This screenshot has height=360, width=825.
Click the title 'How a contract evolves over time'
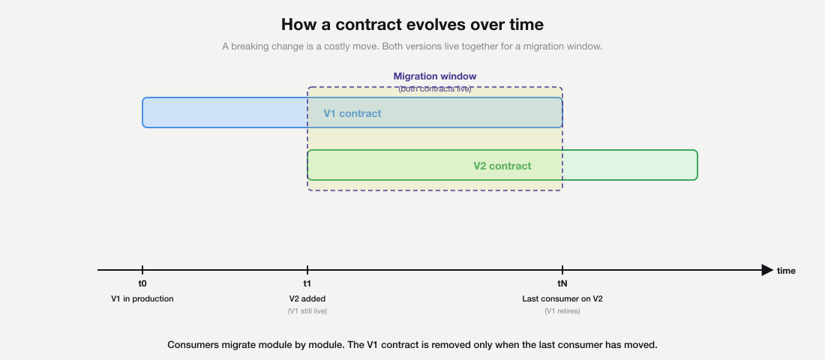[x=412, y=24]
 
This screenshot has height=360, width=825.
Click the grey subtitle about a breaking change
[x=412, y=46]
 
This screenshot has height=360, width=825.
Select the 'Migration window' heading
[x=435, y=76]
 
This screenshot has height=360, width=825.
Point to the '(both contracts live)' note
[x=435, y=88]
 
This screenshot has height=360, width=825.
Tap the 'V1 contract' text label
[x=352, y=114]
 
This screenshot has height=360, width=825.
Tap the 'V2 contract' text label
[x=502, y=166]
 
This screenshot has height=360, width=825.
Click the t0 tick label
[x=142, y=284]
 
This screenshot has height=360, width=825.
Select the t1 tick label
[x=307, y=284]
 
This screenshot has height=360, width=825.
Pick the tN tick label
[x=562, y=284]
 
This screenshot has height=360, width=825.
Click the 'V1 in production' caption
[x=142, y=298]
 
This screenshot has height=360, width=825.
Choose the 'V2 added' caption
[x=307, y=298]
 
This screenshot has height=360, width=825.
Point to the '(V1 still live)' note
[x=307, y=310]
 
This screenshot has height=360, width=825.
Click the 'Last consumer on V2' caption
[x=562, y=298]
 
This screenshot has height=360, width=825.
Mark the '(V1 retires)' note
[x=562, y=310]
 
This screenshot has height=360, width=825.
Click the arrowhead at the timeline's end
[x=766, y=270]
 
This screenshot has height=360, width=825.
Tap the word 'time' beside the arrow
[x=786, y=271]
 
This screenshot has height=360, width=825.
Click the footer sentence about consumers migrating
[x=412, y=345]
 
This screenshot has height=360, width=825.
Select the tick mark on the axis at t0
[x=142, y=270]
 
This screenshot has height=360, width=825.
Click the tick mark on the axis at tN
[x=562, y=270]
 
